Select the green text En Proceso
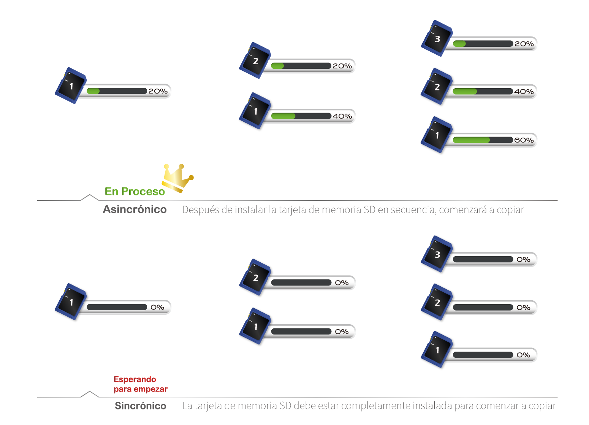click(x=135, y=191)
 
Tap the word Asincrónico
click(x=135, y=209)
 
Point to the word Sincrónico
click(x=140, y=406)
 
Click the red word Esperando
click(x=135, y=379)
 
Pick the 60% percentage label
click(x=524, y=140)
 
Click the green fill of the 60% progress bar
click(x=471, y=140)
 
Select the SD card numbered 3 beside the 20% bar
click(x=437, y=38)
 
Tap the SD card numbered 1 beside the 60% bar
click(x=437, y=136)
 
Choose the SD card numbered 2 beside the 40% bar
click(x=437, y=87)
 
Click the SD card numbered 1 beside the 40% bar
click(x=255, y=112)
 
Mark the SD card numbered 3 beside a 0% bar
click(x=437, y=255)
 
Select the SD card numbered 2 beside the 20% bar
click(x=255, y=61)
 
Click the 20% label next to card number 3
click(x=524, y=44)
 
